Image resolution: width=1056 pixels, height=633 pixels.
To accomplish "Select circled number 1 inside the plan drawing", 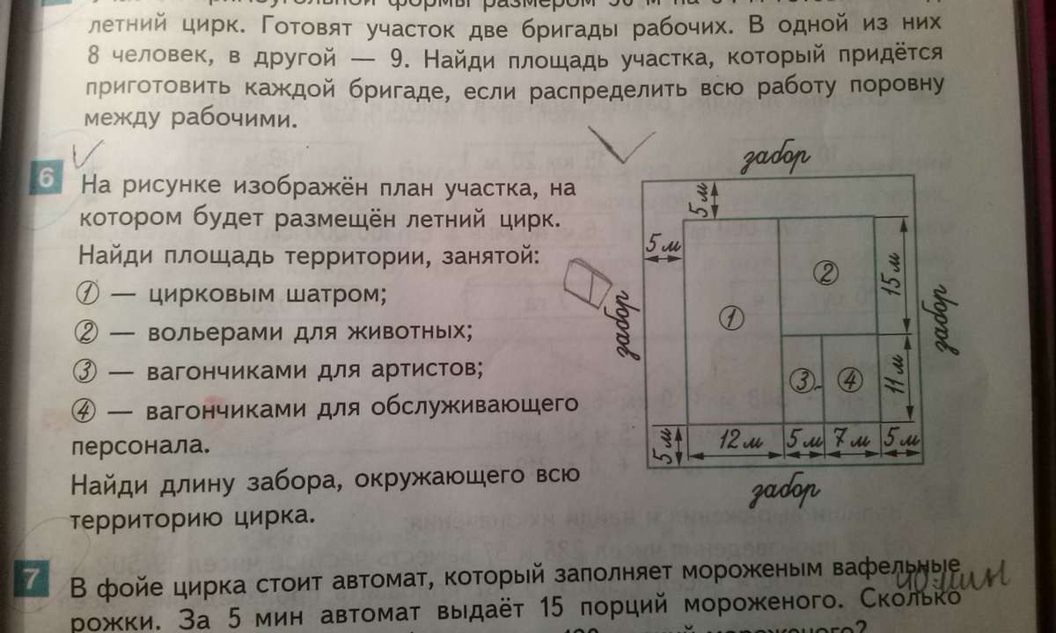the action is coord(731,316).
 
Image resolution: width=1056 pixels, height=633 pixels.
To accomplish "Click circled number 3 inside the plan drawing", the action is coord(800,380).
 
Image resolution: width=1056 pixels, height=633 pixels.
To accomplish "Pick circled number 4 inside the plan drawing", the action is coord(849,380).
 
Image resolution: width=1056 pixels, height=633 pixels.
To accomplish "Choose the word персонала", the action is coord(141,444).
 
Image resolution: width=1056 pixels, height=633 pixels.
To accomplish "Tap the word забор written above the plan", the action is coord(777,157).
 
